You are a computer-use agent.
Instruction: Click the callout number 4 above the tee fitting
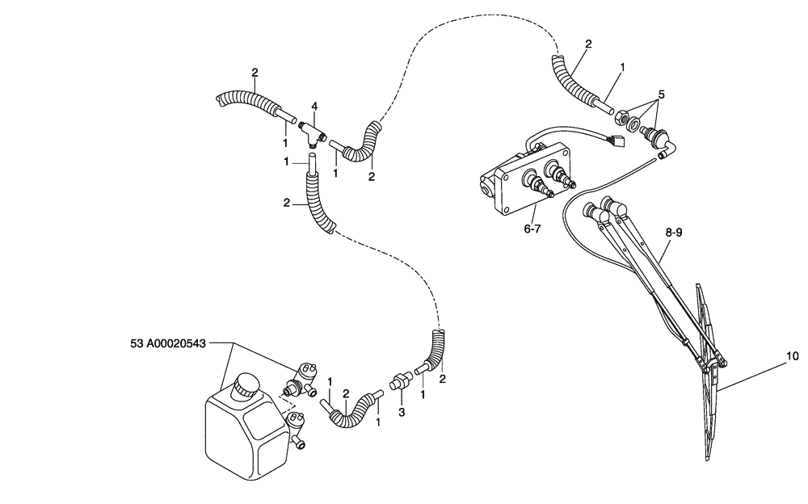pyautogui.click(x=315, y=105)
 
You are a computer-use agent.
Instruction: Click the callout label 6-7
pyautogui.click(x=532, y=229)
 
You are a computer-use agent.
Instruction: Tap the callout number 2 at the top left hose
pyautogui.click(x=255, y=73)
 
